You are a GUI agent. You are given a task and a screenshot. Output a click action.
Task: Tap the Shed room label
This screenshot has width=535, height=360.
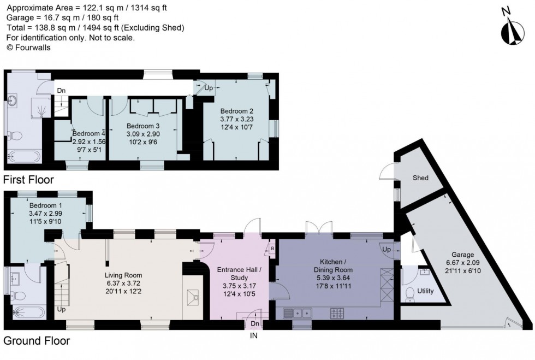pos(420,178)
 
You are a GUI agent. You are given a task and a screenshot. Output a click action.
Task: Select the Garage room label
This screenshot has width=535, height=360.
pos(462,255)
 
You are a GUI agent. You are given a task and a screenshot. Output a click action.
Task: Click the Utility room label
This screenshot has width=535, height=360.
pos(425,291)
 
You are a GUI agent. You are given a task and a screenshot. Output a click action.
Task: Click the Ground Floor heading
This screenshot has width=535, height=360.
pos(37,341)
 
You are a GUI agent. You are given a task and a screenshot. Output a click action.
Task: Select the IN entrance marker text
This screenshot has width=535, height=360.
pos(254,336)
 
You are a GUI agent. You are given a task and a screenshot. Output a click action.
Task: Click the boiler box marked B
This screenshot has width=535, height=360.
pos(272,247)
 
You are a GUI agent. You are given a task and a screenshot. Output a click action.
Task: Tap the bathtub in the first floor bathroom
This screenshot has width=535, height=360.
pos(23,157)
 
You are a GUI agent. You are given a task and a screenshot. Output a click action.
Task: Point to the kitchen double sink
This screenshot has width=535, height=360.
pos(298,314)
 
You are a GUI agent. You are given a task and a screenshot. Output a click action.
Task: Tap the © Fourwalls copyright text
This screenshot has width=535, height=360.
pos(28,48)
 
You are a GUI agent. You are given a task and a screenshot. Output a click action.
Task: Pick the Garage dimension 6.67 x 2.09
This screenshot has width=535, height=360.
pos(462,263)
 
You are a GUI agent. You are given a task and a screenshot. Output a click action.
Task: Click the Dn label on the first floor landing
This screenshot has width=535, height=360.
pos(60,91)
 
